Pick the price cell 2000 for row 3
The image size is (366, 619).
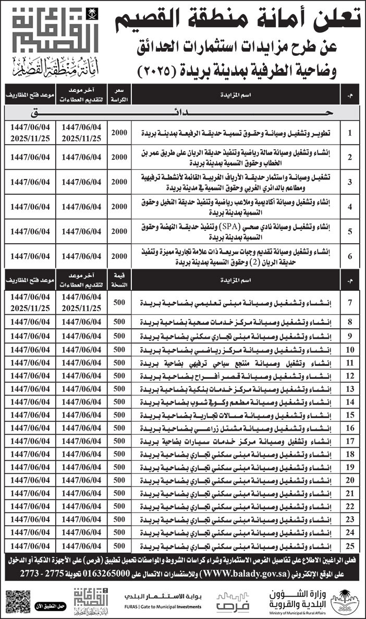point(119,182)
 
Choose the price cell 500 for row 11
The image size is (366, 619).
point(119,363)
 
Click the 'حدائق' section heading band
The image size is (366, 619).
point(183,113)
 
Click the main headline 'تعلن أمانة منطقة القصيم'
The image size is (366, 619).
point(238,20)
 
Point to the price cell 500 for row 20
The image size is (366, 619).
point(119,480)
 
